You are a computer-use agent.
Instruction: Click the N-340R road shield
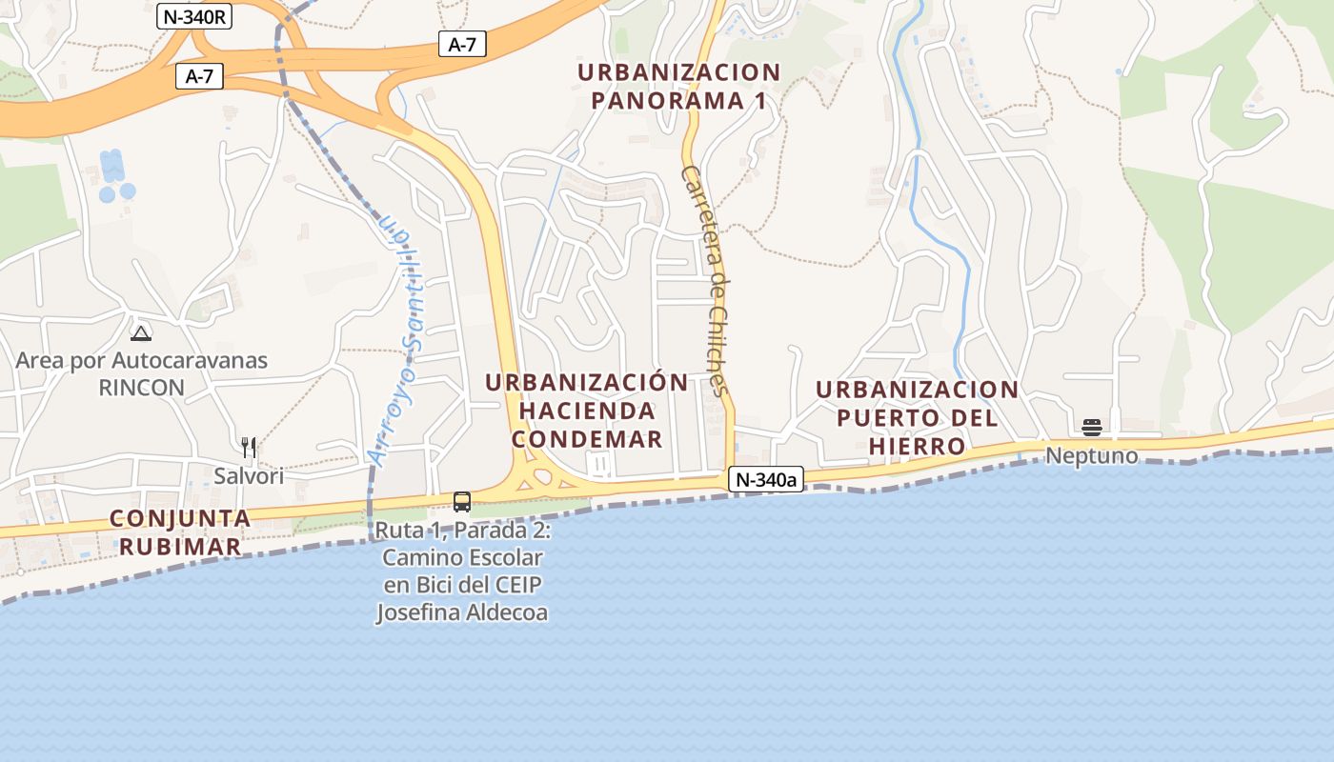point(195,16)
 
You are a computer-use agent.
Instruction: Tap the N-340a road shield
point(765,479)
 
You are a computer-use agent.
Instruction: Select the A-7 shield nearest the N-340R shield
point(199,77)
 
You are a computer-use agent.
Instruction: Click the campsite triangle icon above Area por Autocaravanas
point(141,333)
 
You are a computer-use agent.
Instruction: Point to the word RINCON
point(142,388)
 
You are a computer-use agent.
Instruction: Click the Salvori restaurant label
point(249,475)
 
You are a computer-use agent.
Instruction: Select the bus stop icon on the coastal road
point(462,501)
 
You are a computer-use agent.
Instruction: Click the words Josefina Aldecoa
point(462,612)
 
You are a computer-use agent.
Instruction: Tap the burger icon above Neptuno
point(1092,427)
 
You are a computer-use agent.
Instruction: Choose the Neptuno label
point(1092,455)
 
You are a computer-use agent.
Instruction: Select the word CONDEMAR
point(587,439)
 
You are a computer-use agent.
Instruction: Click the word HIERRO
point(917,446)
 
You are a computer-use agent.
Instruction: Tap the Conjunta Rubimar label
point(180,532)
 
